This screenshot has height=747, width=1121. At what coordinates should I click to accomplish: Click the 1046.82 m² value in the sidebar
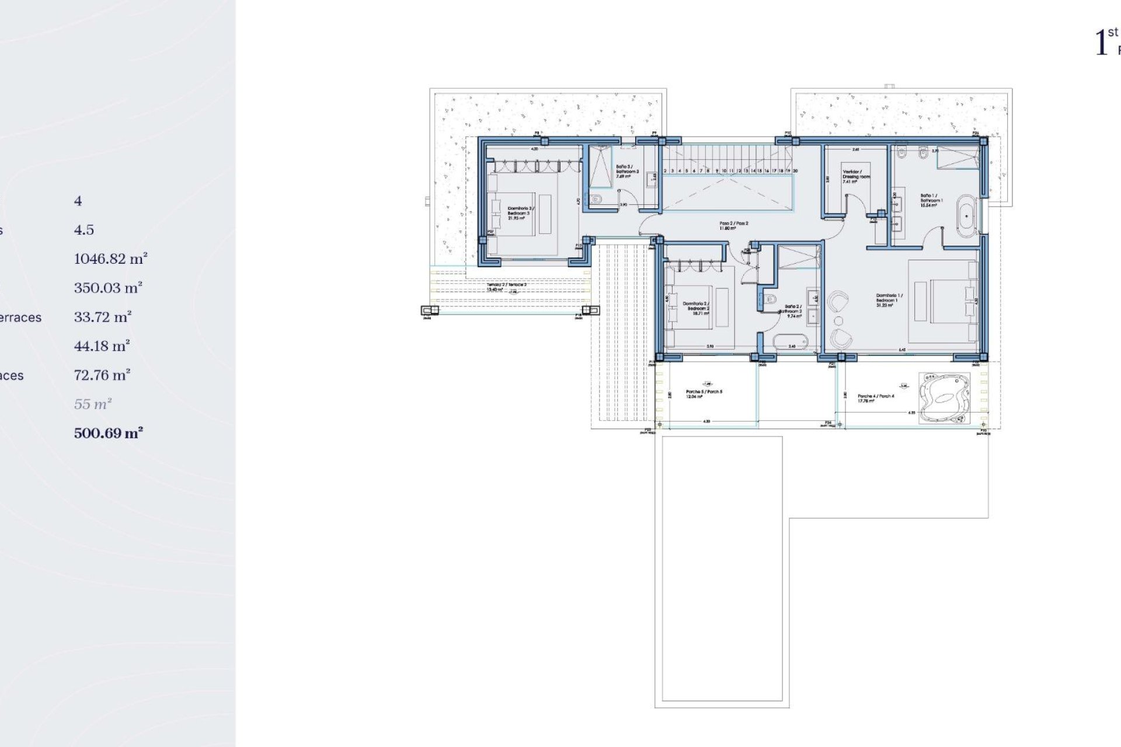pos(110,259)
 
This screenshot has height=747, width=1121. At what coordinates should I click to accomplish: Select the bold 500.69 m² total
pos(109,433)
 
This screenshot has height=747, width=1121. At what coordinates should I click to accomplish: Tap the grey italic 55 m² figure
pos(93,404)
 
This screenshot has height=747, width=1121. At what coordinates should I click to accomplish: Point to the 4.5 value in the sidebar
pos(83,229)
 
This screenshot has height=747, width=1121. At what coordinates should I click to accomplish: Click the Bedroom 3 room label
pos(521,212)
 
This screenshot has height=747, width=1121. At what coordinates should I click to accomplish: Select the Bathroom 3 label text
pos(628,171)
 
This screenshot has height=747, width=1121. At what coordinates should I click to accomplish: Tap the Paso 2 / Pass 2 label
pos(733,225)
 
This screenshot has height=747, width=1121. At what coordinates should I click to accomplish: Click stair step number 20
pos(795,171)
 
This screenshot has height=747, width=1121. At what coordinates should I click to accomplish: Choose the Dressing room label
pos(856,176)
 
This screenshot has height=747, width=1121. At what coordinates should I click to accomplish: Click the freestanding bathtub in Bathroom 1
pos(967,216)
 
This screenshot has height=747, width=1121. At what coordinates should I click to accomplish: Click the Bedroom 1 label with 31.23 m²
pos(889,299)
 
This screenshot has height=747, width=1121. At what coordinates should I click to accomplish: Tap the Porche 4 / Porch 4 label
pos(875,398)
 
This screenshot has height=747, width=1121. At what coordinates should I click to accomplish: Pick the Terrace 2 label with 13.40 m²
pos(506,287)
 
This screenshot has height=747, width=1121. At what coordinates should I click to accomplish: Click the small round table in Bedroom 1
pos(838,321)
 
